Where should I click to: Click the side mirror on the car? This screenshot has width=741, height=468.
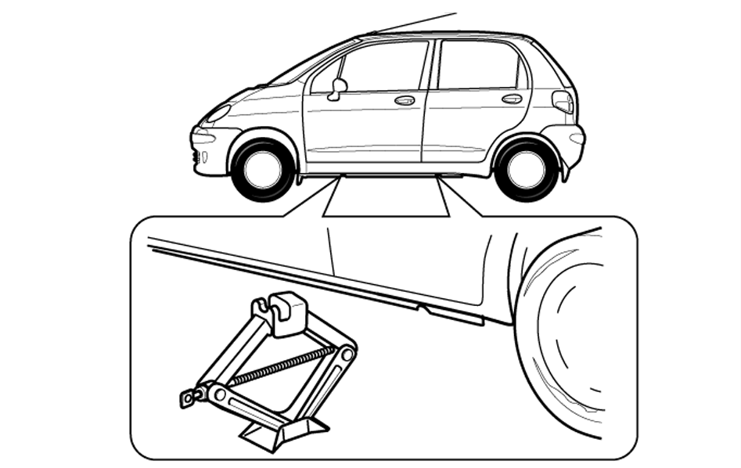[339, 88]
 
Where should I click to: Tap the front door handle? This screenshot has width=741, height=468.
[405, 100]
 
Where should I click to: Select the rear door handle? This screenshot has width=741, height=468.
[512, 99]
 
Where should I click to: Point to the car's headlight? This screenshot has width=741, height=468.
[217, 113]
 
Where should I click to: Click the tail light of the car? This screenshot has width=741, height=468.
[563, 102]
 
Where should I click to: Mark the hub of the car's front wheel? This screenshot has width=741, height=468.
[263, 169]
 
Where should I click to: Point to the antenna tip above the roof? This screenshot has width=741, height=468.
[454, 13]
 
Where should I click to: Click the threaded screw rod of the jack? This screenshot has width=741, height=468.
[282, 367]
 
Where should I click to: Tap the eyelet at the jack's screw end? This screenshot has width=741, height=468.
[189, 399]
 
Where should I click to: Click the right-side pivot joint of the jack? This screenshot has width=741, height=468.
[346, 355]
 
